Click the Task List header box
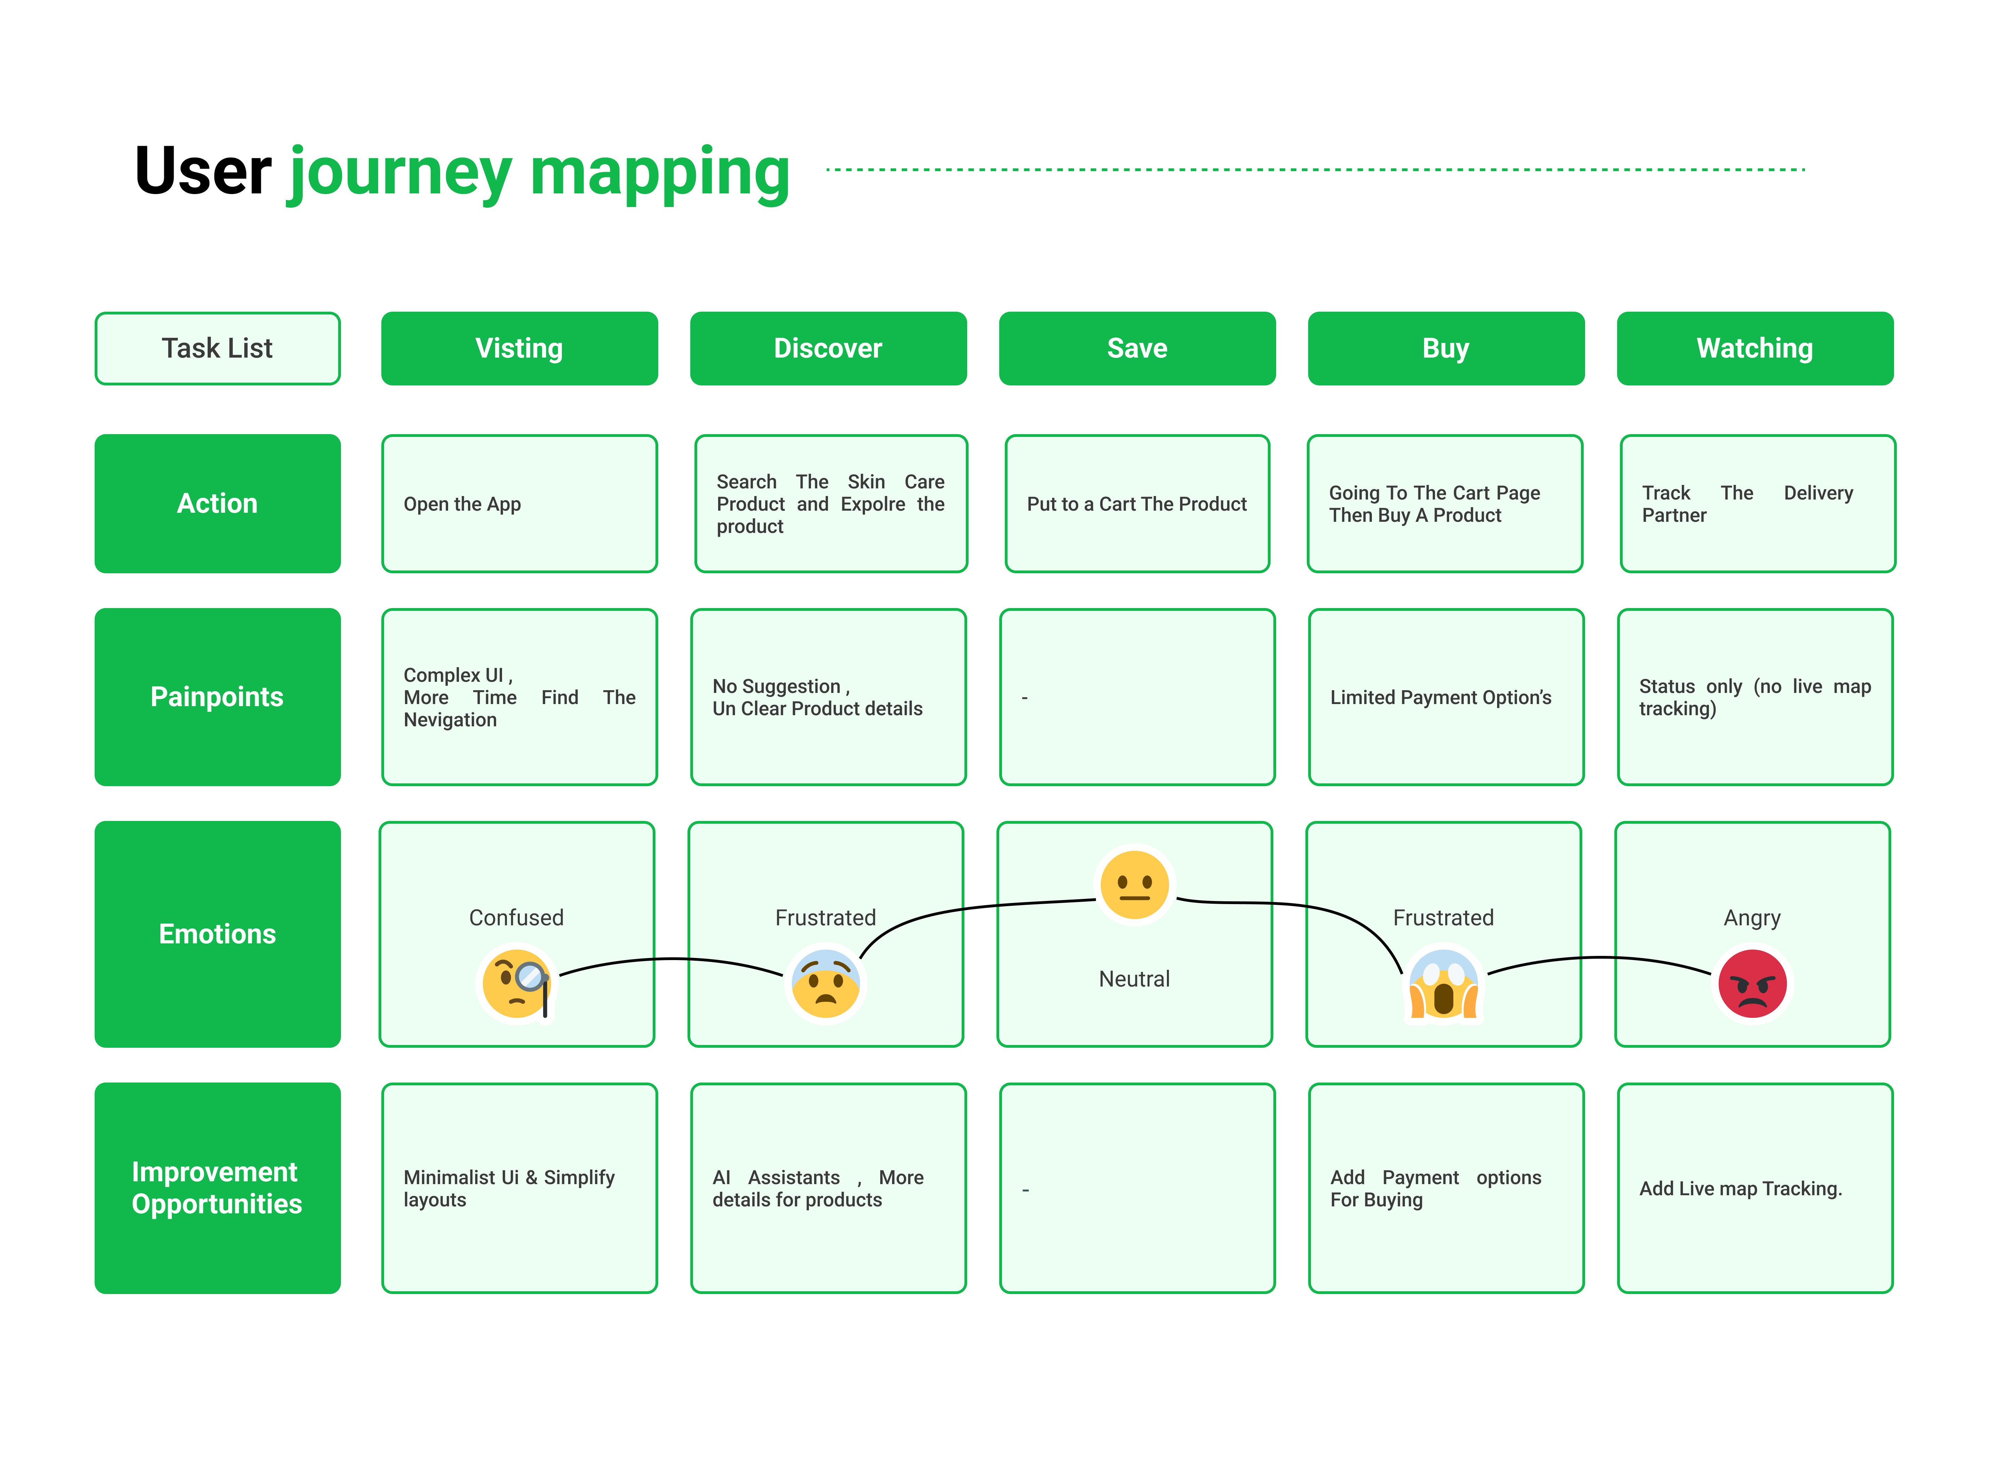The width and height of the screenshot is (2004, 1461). tap(217, 349)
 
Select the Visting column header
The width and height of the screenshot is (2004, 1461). tap(519, 349)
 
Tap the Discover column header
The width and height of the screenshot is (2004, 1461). tap(828, 349)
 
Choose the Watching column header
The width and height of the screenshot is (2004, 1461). tap(1755, 349)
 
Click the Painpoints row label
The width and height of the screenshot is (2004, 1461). tap(217, 697)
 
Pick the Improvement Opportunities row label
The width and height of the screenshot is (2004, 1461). tap(217, 1188)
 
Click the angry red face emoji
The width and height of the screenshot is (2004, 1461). tap(1752, 983)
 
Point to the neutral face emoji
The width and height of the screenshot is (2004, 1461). tap(1135, 884)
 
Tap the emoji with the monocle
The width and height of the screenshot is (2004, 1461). tap(516, 983)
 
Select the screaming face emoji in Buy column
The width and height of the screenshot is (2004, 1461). tap(1443, 983)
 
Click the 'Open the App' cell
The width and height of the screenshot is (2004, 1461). tap(519, 503)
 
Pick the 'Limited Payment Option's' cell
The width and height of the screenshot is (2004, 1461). tap(1446, 697)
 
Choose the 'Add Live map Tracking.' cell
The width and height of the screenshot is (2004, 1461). tap(1755, 1188)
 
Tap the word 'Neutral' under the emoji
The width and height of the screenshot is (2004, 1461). tap(1135, 979)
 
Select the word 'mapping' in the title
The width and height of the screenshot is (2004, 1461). tap(660, 174)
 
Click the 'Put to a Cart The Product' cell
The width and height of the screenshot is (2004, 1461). tap(1137, 503)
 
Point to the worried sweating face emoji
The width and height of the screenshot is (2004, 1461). tap(825, 983)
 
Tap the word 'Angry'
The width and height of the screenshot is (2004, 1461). tap(1752, 918)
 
